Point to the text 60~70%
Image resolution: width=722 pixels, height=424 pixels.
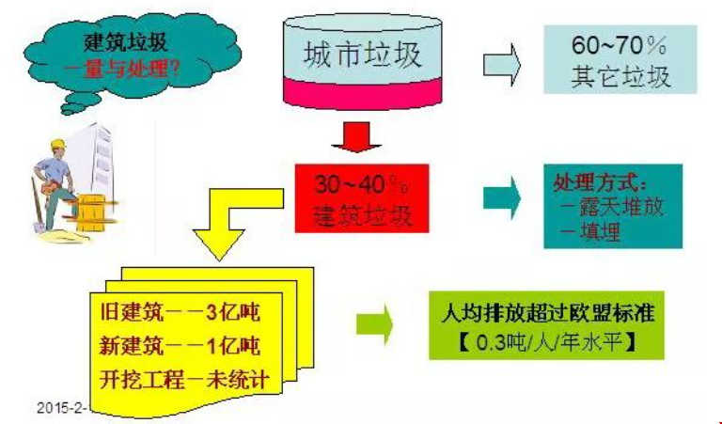coord(620,44)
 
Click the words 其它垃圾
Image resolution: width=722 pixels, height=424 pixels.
coord(620,75)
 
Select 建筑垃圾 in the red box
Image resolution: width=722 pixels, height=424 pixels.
coord(362,215)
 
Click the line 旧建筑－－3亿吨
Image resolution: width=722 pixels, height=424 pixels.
coord(178,310)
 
